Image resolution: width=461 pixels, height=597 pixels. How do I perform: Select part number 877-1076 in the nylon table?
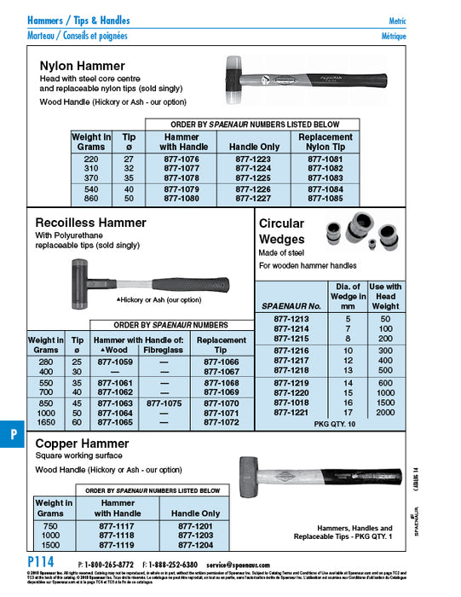[181, 159]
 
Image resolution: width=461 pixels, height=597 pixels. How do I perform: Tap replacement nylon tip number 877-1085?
[325, 199]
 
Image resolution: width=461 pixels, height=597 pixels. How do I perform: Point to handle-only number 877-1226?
[254, 188]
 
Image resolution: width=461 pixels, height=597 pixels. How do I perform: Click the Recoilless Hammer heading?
[91, 223]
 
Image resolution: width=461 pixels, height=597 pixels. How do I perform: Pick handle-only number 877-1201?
[195, 527]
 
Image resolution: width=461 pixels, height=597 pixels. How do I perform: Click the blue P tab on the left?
[14, 433]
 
